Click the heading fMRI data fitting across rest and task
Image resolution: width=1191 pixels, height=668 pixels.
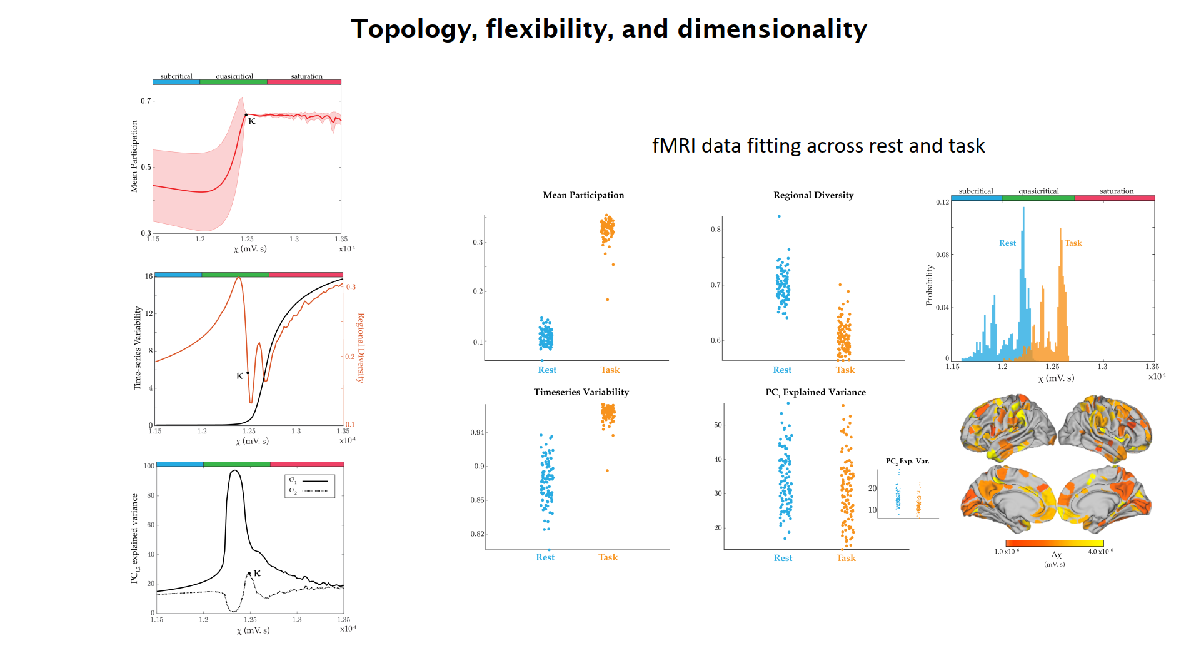[x=818, y=146]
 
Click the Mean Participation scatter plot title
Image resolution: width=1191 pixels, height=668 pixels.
[x=583, y=195]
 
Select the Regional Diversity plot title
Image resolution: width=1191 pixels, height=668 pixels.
[x=813, y=195]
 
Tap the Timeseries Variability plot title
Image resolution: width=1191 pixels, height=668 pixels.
[x=581, y=392]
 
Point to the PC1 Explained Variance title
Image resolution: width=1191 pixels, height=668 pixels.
[x=815, y=392]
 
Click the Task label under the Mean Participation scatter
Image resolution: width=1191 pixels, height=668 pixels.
[x=610, y=370]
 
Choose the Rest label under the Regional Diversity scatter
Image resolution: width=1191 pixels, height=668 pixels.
[x=781, y=370]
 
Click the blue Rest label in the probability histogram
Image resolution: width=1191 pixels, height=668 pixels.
[x=1007, y=243]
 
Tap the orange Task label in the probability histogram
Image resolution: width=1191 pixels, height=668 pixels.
[x=1073, y=243]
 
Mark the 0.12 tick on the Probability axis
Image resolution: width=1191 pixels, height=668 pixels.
[x=942, y=202]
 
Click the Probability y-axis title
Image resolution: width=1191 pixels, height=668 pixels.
[x=929, y=285]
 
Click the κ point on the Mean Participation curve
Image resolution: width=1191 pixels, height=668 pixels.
[x=246, y=115]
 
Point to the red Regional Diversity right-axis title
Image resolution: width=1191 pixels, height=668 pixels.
[x=361, y=348]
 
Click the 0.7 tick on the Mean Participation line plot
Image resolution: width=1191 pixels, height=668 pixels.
[x=146, y=101]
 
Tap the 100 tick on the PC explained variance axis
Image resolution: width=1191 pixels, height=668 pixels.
[x=149, y=466]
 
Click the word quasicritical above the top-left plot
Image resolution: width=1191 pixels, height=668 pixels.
[x=234, y=76]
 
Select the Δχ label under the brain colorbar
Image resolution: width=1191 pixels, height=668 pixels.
[x=1056, y=555]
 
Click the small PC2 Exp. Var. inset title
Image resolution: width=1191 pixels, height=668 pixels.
[x=907, y=461]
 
